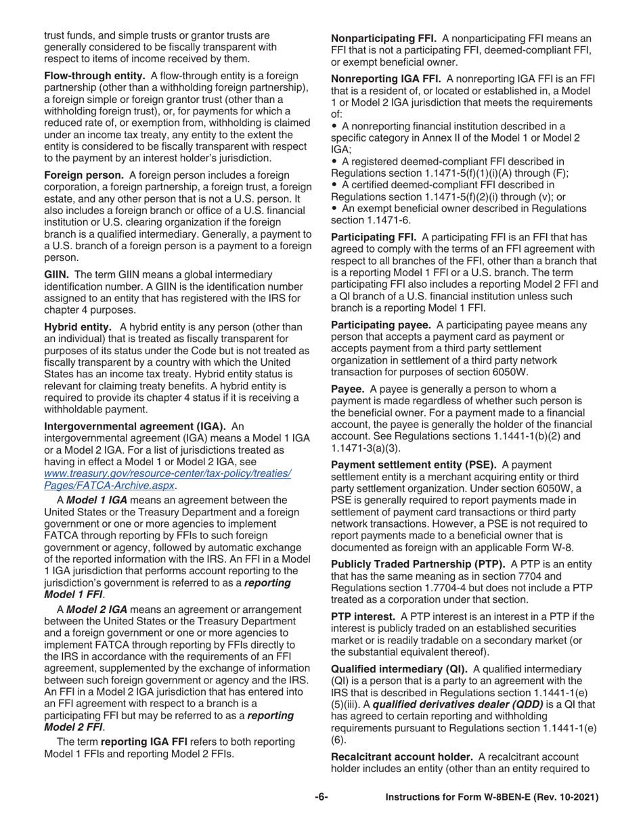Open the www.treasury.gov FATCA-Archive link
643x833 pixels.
point(167,479)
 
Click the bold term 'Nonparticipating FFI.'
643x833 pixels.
point(383,39)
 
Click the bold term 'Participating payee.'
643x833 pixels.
point(380,324)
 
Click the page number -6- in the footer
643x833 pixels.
point(321,798)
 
